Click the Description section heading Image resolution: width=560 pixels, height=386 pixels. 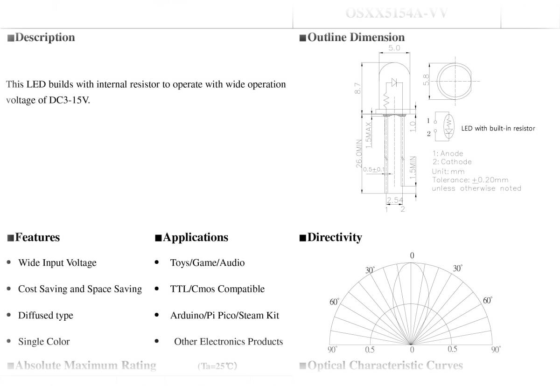point(45,37)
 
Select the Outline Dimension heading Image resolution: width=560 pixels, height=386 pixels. point(356,37)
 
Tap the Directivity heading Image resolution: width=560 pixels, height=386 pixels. point(334,237)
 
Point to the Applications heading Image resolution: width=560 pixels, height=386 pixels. point(196,237)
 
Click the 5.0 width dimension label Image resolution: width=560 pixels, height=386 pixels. point(394,48)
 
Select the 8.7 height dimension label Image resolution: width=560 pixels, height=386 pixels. point(358,88)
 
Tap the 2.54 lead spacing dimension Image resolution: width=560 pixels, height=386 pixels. point(395,200)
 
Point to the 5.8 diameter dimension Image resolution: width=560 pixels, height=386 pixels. point(426,80)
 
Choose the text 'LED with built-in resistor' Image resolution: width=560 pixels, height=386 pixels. point(498,128)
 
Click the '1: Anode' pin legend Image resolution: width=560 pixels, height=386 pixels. point(448,153)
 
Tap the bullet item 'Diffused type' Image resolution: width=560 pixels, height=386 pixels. point(46,316)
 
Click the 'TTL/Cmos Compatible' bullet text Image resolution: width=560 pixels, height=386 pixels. point(217,289)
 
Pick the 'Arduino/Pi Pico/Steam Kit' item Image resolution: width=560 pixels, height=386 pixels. point(224,316)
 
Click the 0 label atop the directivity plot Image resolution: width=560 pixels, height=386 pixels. point(412,255)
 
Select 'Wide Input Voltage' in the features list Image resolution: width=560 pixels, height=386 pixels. point(57,263)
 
